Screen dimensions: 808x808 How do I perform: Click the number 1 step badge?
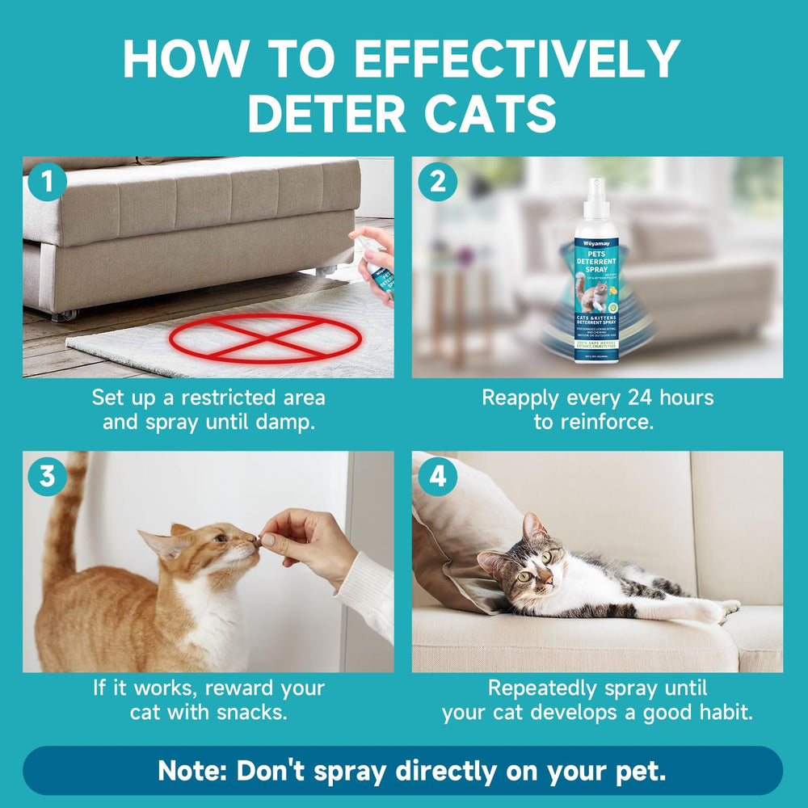46,183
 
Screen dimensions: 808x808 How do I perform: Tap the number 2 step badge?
436,183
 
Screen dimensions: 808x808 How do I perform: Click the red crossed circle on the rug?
264,339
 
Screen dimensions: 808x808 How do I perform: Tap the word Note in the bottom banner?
191,770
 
